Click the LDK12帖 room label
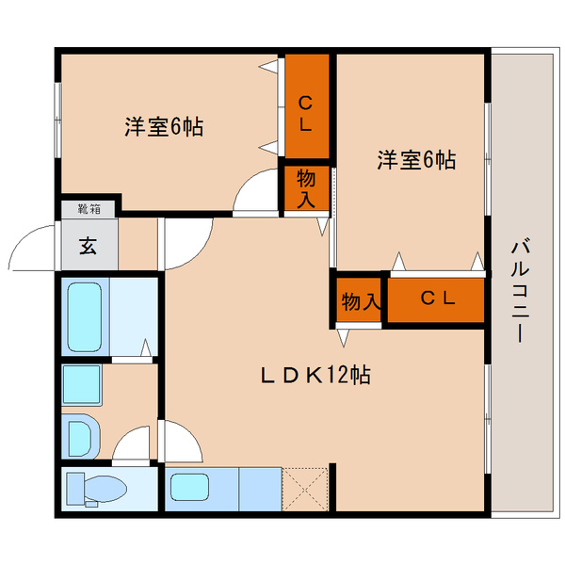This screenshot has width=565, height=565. pyautogui.click(x=315, y=376)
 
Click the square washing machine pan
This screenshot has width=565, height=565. pyautogui.click(x=82, y=384)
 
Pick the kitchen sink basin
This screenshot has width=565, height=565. pyautogui.click(x=192, y=490)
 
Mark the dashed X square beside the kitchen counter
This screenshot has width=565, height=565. pyautogui.click(x=304, y=489)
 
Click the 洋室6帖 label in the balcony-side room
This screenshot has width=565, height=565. pyautogui.click(x=416, y=160)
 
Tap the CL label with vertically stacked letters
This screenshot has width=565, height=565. pyautogui.click(x=306, y=110)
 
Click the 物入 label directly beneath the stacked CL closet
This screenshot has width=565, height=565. pyautogui.click(x=306, y=188)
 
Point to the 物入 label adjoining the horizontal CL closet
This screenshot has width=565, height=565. pyautogui.click(x=359, y=301)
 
